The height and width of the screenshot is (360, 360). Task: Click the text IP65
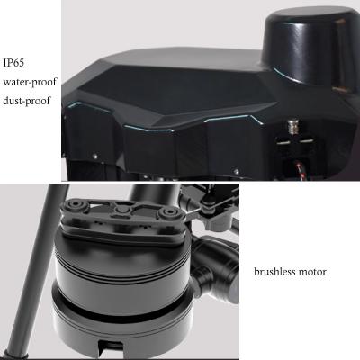click(x=13, y=63)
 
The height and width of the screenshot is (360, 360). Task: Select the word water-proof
click(x=30, y=82)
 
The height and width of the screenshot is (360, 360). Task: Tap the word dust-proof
click(x=26, y=101)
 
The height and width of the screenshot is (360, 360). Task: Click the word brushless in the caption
click(x=274, y=272)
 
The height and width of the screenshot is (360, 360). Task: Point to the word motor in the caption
click(x=312, y=272)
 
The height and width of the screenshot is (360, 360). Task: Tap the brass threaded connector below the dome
click(x=292, y=127)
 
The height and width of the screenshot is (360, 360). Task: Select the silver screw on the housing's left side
click(x=95, y=156)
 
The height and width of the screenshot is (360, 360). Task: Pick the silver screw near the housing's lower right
click(x=237, y=172)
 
